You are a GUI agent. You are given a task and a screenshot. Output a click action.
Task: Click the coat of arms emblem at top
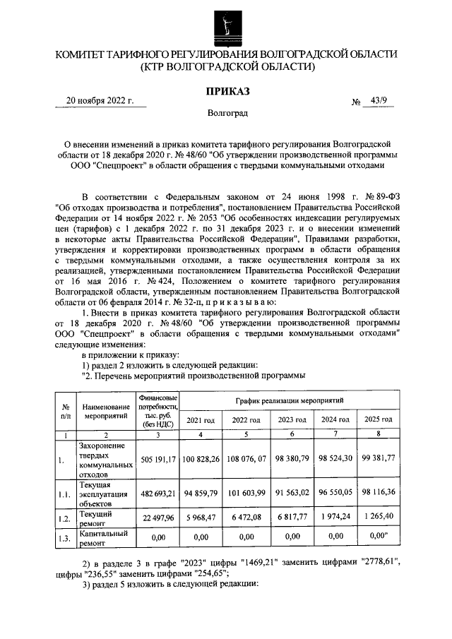[x=226, y=24]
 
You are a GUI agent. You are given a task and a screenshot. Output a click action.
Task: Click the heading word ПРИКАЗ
[x=227, y=91]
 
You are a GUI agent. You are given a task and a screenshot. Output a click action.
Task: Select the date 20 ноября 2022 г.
[x=100, y=100]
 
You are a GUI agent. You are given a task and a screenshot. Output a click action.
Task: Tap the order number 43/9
[x=374, y=100]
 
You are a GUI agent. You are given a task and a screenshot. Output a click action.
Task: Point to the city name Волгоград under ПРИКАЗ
[x=227, y=112]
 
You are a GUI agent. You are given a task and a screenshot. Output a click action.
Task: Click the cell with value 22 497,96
[x=158, y=520]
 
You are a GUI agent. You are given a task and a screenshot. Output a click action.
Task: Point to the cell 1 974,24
[x=335, y=520]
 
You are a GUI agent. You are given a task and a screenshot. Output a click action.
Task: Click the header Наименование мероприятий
[x=105, y=412]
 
